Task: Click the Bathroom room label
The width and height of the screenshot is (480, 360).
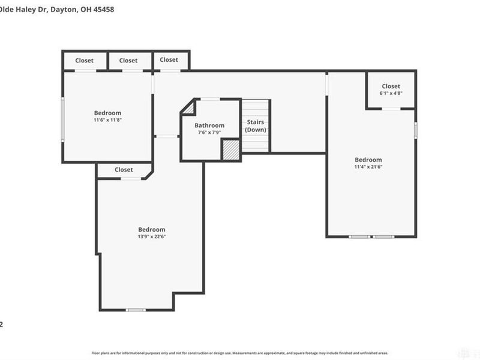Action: [x=209, y=125]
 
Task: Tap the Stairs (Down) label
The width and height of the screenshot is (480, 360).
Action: [x=256, y=125]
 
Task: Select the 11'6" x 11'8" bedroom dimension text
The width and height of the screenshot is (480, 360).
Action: [x=107, y=120]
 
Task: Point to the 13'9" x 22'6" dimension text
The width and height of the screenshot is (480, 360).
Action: [x=151, y=236]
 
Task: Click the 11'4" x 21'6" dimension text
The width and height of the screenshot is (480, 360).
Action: [x=368, y=167]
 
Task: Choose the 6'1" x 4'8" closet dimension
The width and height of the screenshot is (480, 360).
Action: [x=391, y=93]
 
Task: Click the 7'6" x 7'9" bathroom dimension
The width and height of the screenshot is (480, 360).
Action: [x=209, y=132]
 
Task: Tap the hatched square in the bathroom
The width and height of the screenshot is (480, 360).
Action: [x=230, y=149]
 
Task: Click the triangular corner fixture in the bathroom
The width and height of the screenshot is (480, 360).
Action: [x=188, y=108]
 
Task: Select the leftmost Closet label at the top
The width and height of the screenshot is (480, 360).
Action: [x=85, y=61]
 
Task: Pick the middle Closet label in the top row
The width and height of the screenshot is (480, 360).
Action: [x=128, y=61]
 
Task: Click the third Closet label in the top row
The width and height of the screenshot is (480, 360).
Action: [x=169, y=60]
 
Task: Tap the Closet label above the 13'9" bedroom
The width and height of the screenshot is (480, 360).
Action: [x=124, y=170]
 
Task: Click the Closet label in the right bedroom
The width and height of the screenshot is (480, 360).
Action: [x=391, y=86]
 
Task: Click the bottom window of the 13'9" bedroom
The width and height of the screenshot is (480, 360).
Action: [x=136, y=310]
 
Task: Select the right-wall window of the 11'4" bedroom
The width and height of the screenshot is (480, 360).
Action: [x=415, y=130]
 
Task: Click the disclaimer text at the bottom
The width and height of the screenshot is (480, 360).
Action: [x=239, y=353]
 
